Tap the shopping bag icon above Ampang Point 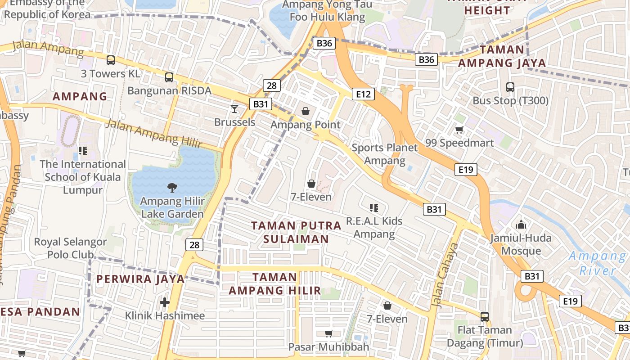coord(306,111)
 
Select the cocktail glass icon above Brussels coord(234,108)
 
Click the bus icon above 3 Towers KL coord(111,60)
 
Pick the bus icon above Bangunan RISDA coord(169,77)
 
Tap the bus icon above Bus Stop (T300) coord(510,87)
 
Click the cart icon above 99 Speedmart coord(459,130)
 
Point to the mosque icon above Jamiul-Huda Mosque coord(521,224)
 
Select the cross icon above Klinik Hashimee coord(165,302)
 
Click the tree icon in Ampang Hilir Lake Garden coord(172,188)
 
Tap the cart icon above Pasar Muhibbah coord(328,333)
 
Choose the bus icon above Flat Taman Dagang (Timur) coord(485,316)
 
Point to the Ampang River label coord(597,263)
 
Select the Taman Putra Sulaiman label coord(296,232)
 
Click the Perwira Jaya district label coord(140,279)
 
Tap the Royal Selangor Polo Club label coord(71,248)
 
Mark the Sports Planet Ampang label coord(385,154)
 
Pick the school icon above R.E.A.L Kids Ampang coord(373,207)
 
